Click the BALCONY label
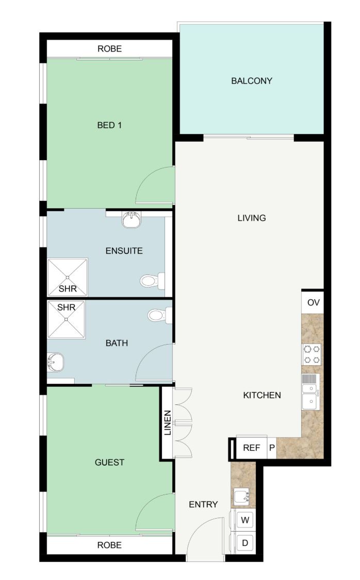point(252,81)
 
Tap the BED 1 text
point(109,125)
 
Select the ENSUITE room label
point(124,251)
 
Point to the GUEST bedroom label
point(109,462)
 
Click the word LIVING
point(252,218)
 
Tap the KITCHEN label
point(262,395)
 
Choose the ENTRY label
point(203,504)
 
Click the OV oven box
point(313,302)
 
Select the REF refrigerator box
point(251,448)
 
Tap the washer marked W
point(245,520)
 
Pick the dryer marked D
point(245,543)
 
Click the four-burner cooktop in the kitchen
point(312,354)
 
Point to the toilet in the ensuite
point(152,281)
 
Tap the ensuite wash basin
point(131,220)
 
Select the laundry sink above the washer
point(242,496)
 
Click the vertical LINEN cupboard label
point(168,423)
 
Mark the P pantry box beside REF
point(272,448)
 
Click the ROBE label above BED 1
point(109,49)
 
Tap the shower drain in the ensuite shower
point(68,277)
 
